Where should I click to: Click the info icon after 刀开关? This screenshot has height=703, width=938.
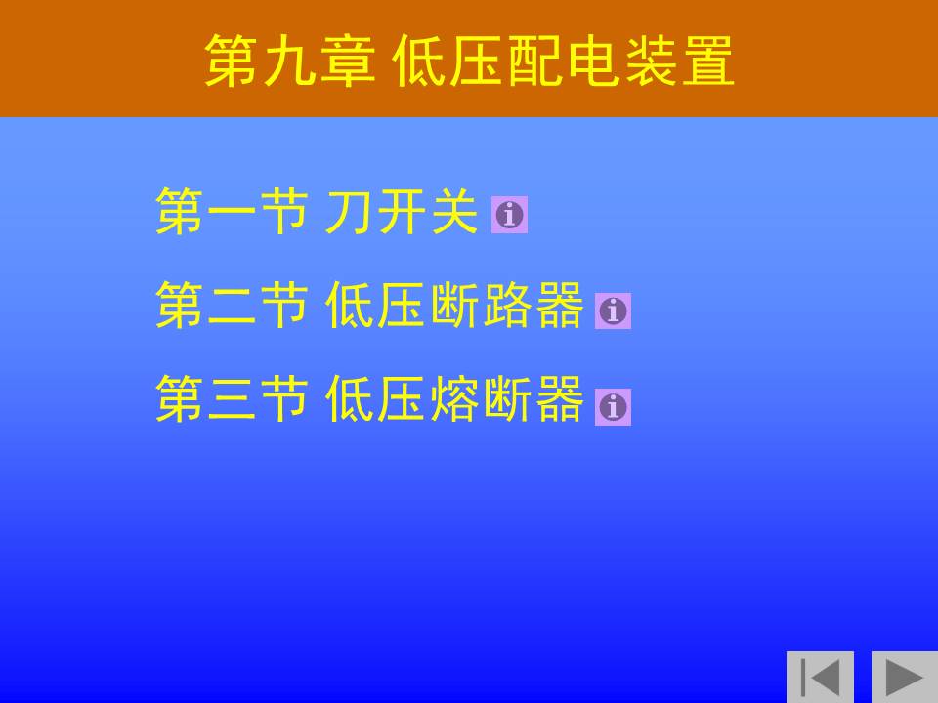(x=509, y=215)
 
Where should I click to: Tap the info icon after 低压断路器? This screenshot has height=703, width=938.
(x=613, y=310)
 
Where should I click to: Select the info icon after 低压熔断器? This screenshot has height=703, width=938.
(x=613, y=407)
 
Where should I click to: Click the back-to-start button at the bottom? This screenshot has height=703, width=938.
(x=820, y=677)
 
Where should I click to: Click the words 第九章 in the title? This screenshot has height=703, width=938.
(x=290, y=61)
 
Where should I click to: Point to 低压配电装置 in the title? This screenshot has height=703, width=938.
(x=563, y=61)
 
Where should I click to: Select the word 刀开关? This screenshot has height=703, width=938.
(x=401, y=211)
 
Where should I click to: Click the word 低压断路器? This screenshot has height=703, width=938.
(x=454, y=306)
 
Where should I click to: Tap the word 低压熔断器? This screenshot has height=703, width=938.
(x=454, y=398)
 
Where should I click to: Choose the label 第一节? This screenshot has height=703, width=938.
(x=233, y=211)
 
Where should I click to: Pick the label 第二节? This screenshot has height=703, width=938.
(x=233, y=306)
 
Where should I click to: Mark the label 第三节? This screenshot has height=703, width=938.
(x=233, y=398)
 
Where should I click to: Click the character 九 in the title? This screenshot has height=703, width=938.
(x=290, y=61)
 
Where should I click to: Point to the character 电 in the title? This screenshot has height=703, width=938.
(x=592, y=61)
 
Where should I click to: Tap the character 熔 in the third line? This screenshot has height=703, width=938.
(x=454, y=398)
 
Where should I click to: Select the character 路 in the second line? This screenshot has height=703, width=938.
(x=506, y=306)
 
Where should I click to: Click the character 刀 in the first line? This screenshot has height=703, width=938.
(x=348, y=212)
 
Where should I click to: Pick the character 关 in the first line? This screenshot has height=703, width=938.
(x=454, y=211)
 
